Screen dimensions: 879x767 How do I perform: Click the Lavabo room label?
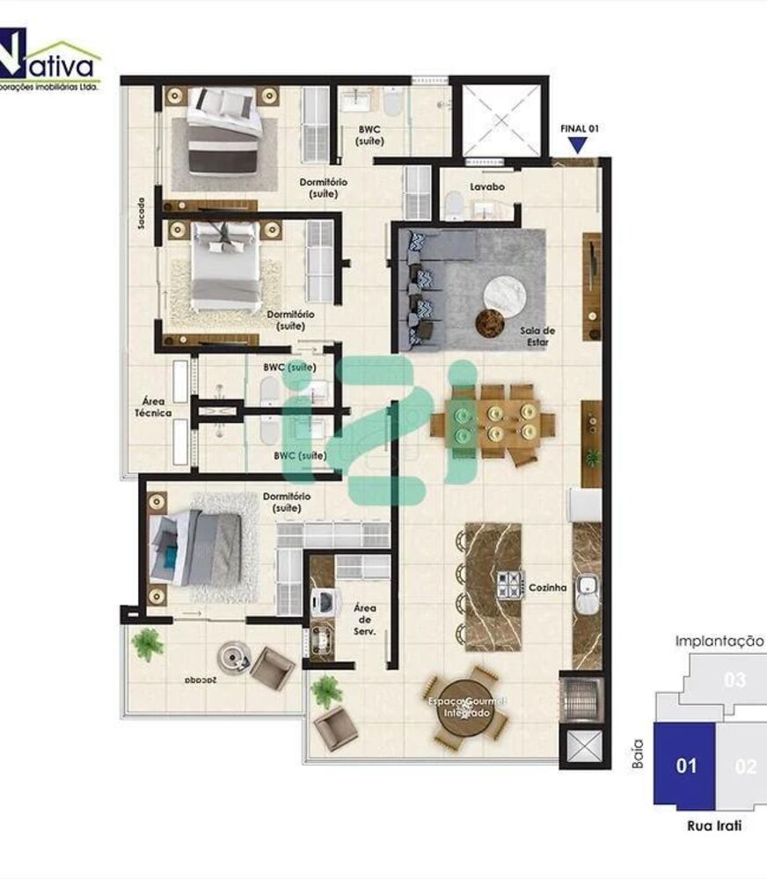486,187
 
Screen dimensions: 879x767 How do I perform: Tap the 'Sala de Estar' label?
537,336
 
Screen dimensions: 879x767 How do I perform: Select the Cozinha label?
547,587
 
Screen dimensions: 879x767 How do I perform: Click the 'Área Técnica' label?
152,405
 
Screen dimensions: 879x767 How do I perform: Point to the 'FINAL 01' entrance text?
580,128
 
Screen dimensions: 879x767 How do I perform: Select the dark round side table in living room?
489,323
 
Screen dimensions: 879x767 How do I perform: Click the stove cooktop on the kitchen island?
509,585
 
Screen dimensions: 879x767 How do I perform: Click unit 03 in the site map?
734,679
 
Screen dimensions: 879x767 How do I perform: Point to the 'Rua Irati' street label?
713,825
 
